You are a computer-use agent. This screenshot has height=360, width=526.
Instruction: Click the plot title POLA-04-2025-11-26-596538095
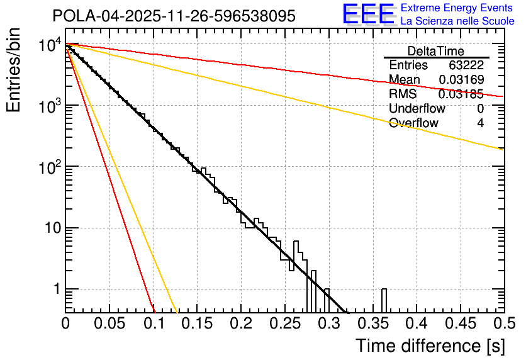pyautogui.click(x=174, y=16)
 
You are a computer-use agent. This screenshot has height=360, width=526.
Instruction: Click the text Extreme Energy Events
pyautogui.click(x=457, y=8)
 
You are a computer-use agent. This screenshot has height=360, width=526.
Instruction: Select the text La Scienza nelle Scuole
pyautogui.click(x=457, y=21)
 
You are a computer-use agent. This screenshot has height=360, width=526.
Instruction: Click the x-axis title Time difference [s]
pyautogui.click(x=429, y=346)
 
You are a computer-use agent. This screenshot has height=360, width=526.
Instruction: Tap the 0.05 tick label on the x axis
pyautogui.click(x=109, y=323)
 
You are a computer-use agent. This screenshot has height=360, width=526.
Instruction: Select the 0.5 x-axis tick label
pyautogui.click(x=503, y=323)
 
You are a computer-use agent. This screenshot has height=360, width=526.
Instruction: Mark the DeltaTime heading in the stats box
pyautogui.click(x=435, y=51)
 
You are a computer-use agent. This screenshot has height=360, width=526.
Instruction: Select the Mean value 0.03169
pyautogui.click(x=461, y=80)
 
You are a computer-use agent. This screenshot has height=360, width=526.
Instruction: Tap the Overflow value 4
pyautogui.click(x=480, y=123)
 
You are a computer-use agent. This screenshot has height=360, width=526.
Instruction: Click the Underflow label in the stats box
pyautogui.click(x=417, y=109)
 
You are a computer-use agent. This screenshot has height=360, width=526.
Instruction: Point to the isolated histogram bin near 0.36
pyautogui.click(x=384, y=300)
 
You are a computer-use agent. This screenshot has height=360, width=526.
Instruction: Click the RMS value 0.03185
pyautogui.click(x=461, y=94)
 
